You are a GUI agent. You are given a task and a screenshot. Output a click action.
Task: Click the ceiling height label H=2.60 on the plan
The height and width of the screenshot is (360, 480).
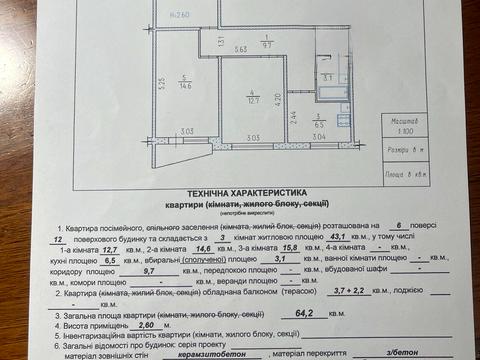click(181, 14)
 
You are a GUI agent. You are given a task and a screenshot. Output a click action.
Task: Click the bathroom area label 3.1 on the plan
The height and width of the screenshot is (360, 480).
click(327, 76)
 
